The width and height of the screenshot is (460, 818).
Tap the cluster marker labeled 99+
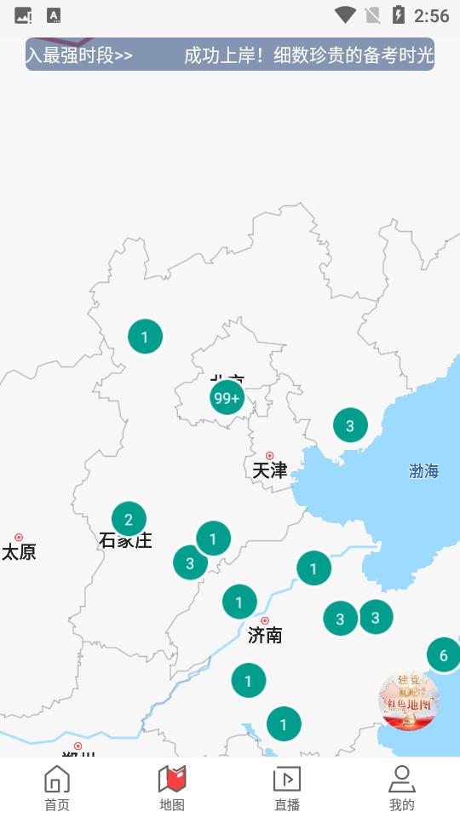coord(227,398)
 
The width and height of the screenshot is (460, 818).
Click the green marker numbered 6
coord(443,655)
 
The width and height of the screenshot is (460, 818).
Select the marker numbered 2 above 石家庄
coord(129,519)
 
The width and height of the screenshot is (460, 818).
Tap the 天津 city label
coord(270,469)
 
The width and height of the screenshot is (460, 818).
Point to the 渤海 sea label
coord(423,471)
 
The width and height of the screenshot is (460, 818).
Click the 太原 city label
coord(19,552)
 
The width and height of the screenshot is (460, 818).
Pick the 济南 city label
coord(265,635)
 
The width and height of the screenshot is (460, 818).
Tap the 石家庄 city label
coord(125,541)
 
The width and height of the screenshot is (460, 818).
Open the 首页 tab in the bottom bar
coord(57,788)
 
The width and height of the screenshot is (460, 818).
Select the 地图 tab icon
coord(172,780)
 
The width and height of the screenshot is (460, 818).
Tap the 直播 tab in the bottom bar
coord(287,788)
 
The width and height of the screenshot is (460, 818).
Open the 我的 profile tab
coord(401,788)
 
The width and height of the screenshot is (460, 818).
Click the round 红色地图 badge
coord(408,701)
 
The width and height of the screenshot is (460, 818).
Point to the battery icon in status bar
coord(398,15)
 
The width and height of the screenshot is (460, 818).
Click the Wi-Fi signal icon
coord(345,15)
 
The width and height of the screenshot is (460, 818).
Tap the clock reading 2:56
coord(431,15)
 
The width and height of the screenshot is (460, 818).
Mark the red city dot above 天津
coord(270,456)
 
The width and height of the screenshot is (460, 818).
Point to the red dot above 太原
coord(19,538)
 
